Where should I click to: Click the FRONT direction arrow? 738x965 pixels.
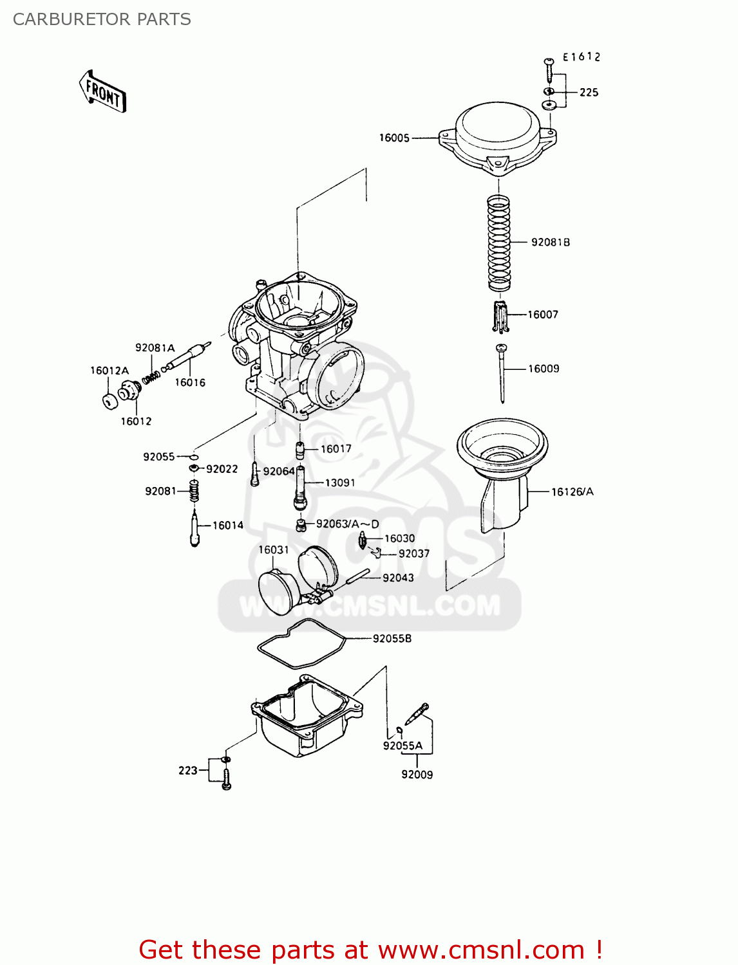point(102,92)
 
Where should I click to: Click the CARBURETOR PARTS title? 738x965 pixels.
point(102,19)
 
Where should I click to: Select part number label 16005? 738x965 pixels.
point(394,138)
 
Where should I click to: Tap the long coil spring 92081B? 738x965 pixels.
point(498,243)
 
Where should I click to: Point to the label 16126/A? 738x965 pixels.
point(572,492)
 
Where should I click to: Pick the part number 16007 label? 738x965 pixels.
point(543,315)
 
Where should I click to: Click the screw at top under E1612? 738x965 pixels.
point(549,67)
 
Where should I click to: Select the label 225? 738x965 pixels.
point(589,93)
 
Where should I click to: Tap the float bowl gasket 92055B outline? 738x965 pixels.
point(301,643)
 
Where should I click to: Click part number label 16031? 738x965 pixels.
point(274,549)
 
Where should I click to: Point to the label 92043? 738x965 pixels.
point(398,578)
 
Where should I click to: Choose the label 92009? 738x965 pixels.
point(417,775)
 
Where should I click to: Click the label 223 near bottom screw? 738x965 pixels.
point(187,770)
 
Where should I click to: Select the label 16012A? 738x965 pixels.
point(109,371)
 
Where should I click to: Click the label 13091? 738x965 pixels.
point(339,482)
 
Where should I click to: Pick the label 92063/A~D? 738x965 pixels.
point(347,524)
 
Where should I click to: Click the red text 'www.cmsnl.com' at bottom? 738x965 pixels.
point(480,950)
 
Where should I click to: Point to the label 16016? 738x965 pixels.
point(190,382)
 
